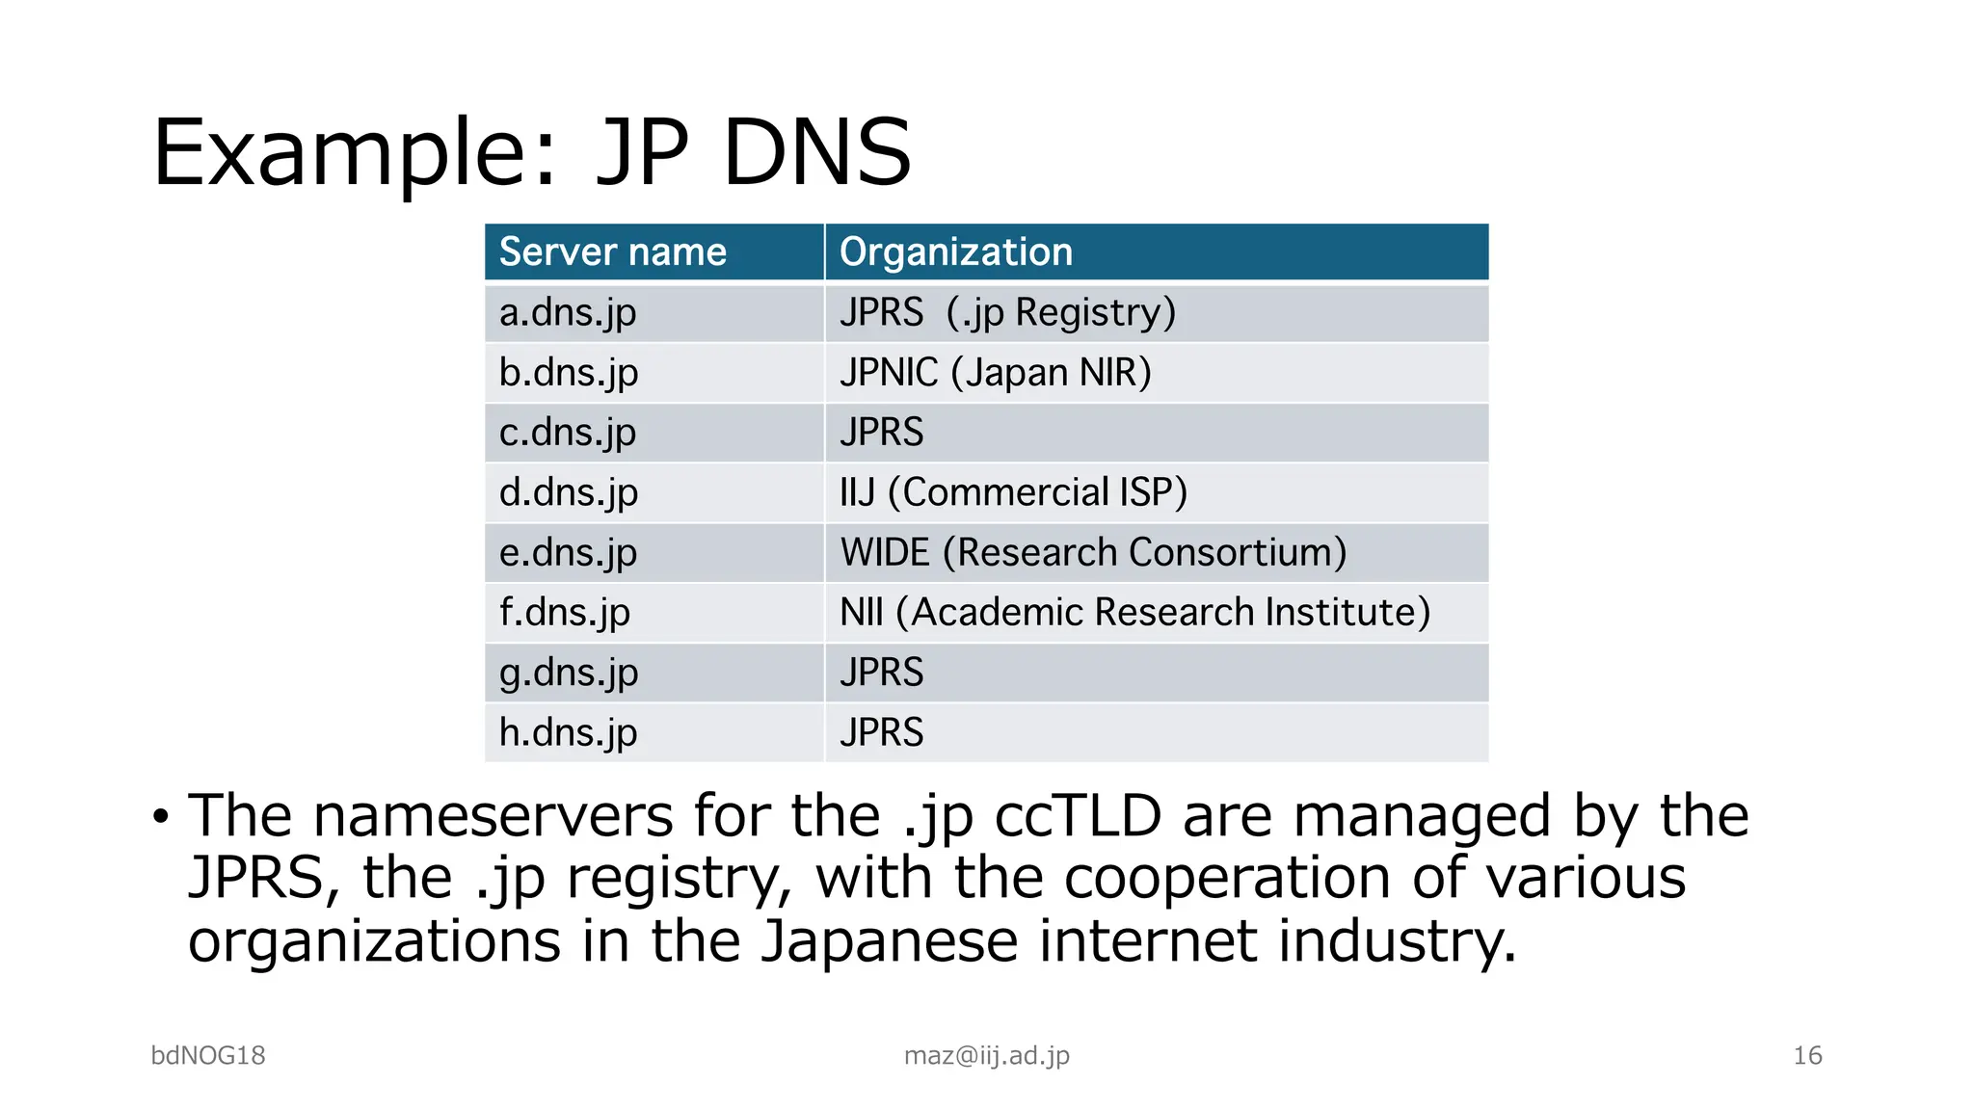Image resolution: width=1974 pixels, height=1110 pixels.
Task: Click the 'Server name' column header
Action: (612, 252)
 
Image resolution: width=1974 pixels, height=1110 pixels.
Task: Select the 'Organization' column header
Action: (955, 252)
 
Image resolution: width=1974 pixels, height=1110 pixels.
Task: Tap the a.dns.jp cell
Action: (568, 313)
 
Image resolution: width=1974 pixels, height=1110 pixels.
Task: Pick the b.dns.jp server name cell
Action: (569, 373)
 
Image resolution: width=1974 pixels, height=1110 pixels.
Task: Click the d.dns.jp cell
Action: (569, 492)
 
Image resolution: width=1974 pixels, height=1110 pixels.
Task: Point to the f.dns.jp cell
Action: (565, 613)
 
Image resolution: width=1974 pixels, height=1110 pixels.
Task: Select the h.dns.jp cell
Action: (569, 732)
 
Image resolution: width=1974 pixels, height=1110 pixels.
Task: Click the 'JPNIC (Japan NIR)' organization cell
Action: (996, 373)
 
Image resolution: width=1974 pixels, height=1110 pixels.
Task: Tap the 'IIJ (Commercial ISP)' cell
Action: (1013, 492)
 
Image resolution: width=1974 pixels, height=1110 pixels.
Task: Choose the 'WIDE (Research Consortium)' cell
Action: (1093, 553)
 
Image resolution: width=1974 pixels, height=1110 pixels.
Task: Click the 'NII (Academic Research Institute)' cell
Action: (1134, 613)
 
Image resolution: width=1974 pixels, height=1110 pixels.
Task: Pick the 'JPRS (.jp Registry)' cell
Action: (1007, 313)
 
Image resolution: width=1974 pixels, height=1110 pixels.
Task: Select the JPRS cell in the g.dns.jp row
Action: (881, 673)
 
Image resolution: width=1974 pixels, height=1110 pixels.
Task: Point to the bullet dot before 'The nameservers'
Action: (160, 818)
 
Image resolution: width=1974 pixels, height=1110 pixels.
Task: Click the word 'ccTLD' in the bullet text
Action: (1078, 816)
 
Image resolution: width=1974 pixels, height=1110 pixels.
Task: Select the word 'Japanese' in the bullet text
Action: (889, 941)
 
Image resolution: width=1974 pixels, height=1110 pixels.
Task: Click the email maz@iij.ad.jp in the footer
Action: (986, 1056)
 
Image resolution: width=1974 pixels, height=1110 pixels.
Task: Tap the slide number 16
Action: (1807, 1056)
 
